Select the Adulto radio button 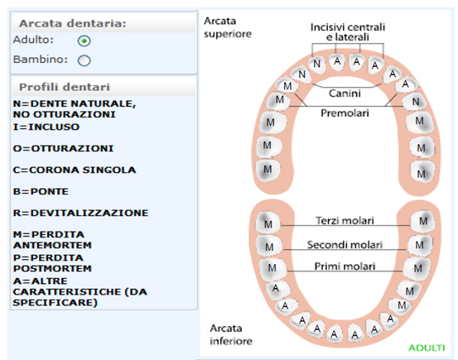coord(84,41)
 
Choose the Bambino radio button coord(84,60)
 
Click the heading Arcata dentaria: coord(72,23)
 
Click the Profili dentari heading coord(65,87)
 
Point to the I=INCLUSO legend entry coord(46,127)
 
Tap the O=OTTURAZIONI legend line coord(63,148)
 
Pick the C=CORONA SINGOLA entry coord(75,170)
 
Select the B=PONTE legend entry coord(41,191)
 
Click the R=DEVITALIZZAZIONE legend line coord(80,213)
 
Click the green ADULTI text coord(427,348)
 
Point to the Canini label coord(345,94)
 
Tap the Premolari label coord(345,113)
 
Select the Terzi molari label coord(345,220)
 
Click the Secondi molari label coord(345,245)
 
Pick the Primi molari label coord(345,266)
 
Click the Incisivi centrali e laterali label coord(348,32)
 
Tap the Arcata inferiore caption coord(231,334)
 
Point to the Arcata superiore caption coord(228,27)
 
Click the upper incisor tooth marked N coord(316,64)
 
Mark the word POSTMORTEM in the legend coord(52,268)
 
